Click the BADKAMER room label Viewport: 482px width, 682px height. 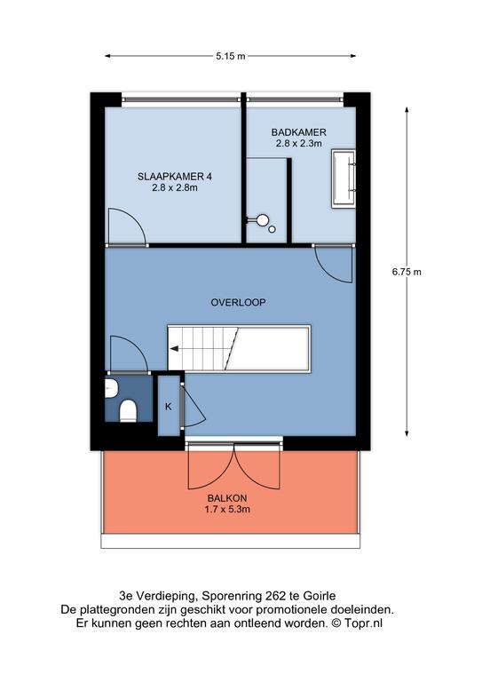click(x=298, y=131)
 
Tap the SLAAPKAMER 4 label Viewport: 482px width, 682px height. click(x=175, y=177)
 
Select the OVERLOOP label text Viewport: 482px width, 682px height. click(x=238, y=302)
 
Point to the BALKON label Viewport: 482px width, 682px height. click(x=227, y=498)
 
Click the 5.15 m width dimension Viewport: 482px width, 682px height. click(x=231, y=56)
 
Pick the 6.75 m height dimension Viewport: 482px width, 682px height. click(x=407, y=272)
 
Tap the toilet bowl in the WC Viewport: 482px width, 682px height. click(x=128, y=411)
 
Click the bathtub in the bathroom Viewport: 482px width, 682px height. click(x=344, y=178)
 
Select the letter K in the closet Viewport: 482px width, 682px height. click(x=169, y=407)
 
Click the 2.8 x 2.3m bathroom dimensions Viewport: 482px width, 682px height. click(x=298, y=144)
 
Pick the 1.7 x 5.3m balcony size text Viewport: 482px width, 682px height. click(x=227, y=510)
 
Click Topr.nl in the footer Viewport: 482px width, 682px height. click(x=364, y=623)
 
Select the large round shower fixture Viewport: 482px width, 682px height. click(x=262, y=220)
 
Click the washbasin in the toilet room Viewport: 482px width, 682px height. click(x=110, y=387)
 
